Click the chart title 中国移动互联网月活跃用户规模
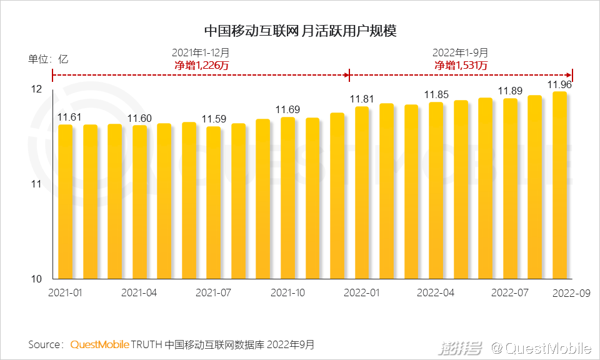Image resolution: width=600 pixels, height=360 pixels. [x=301, y=31]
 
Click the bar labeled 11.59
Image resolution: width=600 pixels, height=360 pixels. [x=214, y=202]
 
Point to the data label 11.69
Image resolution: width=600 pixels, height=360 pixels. [x=287, y=109]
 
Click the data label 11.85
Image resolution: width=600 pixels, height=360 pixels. [x=436, y=95]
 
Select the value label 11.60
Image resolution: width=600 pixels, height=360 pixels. [x=139, y=118]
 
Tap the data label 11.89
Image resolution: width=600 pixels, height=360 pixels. [x=510, y=91]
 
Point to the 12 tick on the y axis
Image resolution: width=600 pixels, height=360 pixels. [x=37, y=90]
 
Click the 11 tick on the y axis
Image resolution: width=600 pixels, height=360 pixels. [x=37, y=184]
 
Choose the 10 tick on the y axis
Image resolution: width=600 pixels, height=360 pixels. [x=37, y=279]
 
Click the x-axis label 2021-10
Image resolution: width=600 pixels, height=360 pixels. [x=287, y=292]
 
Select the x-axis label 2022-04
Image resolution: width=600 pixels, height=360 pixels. [x=436, y=292]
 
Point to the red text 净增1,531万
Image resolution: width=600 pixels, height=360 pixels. [x=461, y=65]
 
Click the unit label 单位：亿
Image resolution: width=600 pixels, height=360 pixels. [x=48, y=60]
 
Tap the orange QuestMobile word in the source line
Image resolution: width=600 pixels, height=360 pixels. [x=100, y=344]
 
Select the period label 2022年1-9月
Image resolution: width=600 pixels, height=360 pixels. [x=461, y=53]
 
